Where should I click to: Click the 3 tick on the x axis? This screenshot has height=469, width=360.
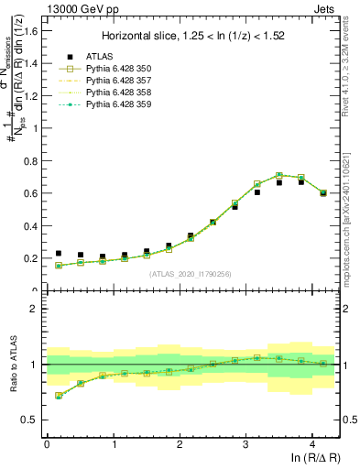(245, 443)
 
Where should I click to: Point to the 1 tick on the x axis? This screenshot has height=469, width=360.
(113, 443)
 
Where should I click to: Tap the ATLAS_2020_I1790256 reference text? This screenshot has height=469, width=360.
(191, 273)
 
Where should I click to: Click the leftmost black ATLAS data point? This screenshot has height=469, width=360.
(59, 254)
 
